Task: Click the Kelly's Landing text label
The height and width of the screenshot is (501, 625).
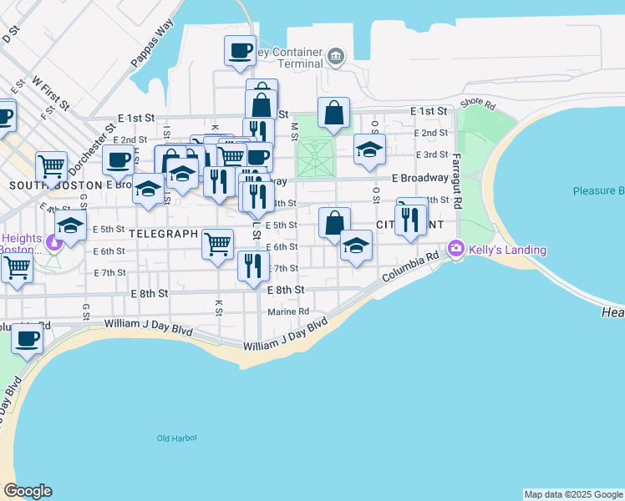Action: [x=507, y=250]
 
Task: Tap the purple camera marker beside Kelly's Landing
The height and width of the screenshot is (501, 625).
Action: [x=456, y=248]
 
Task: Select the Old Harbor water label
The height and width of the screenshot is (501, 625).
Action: [x=175, y=438]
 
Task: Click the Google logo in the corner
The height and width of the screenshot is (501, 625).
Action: [x=28, y=491]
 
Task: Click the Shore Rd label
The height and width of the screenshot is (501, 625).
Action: [x=478, y=104]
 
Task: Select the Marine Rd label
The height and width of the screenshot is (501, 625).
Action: [x=288, y=311]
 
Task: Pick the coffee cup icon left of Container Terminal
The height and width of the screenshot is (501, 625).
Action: [x=240, y=49]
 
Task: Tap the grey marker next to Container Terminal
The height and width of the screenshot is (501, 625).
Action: [x=336, y=56]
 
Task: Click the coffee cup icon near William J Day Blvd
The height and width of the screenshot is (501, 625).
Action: [x=28, y=338]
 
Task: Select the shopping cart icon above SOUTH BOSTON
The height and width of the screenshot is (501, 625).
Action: [x=52, y=165]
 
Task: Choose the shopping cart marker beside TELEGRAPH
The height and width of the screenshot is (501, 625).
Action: [x=218, y=243]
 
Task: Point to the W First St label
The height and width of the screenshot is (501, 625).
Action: [x=49, y=94]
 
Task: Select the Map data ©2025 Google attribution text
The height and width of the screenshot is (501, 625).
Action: [x=572, y=494]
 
